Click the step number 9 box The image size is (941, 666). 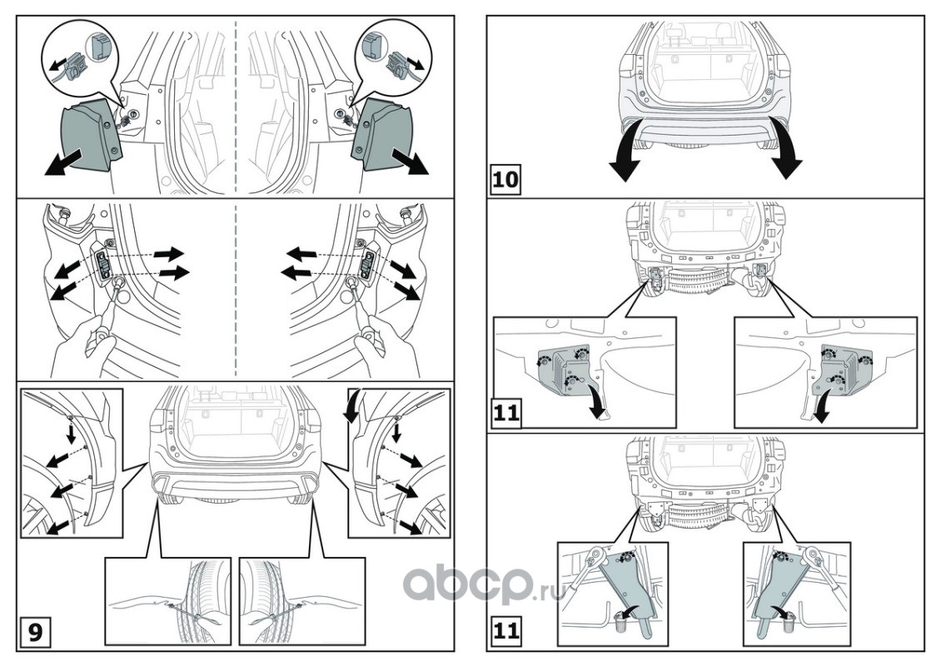click(36, 633)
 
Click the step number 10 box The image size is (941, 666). click(505, 179)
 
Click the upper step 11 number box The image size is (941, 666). click(505, 414)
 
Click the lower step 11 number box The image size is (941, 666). click(505, 631)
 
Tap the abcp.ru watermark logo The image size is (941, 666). click(484, 582)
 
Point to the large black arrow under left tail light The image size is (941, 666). click(65, 163)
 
